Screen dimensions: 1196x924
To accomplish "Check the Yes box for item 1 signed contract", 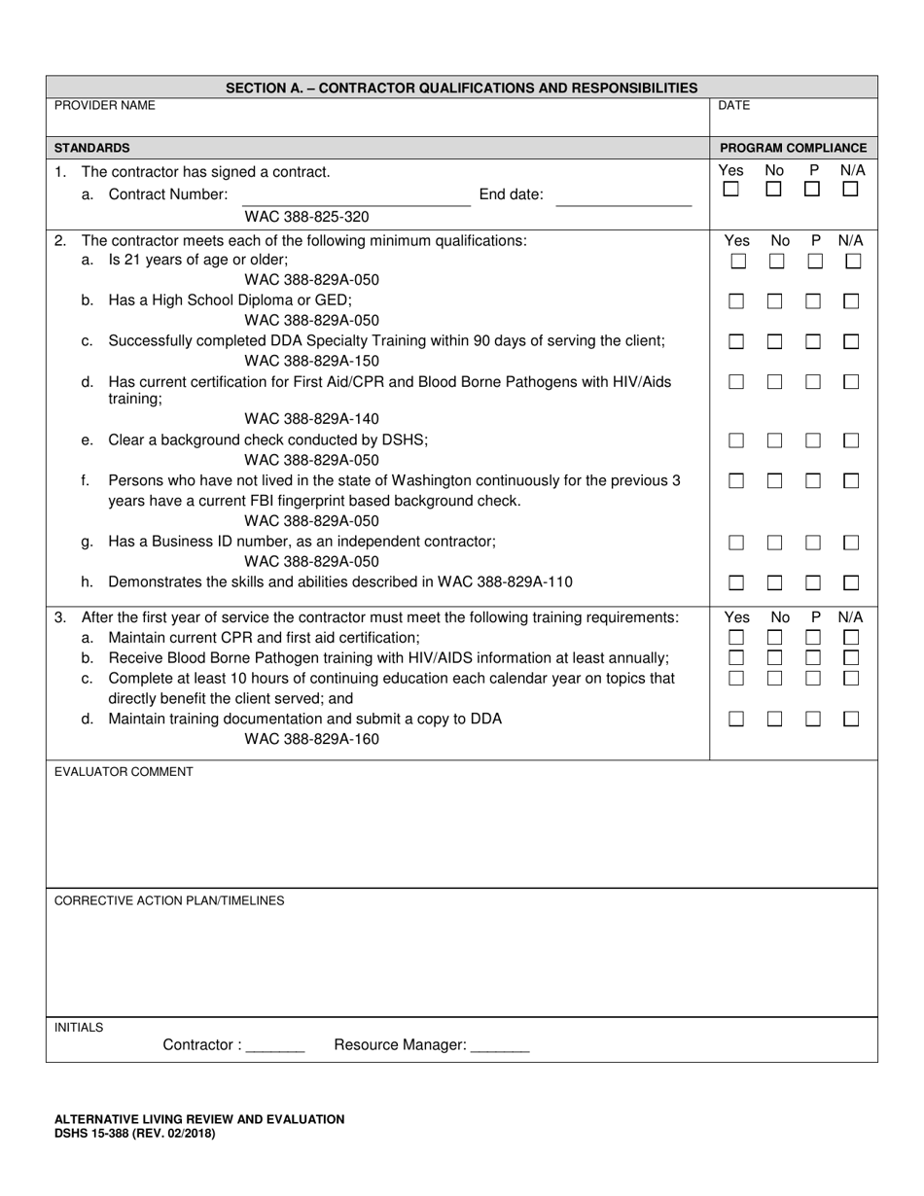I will [730, 190].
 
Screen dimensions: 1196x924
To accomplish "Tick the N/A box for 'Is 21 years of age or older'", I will [853, 262].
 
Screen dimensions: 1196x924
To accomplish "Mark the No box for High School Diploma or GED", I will [775, 301].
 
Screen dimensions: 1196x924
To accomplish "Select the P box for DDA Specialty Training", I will [813, 341].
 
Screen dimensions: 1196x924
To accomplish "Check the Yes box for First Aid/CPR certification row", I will [737, 382].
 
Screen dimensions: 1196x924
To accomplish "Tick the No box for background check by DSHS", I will [775, 440].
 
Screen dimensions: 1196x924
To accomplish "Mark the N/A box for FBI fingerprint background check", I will [852, 480].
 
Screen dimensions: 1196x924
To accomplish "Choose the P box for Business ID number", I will [813, 543].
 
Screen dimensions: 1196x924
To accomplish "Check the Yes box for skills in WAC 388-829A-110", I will [737, 582].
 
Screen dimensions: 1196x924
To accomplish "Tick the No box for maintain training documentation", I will [775, 719].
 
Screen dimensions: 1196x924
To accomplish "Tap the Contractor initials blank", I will [275, 1047].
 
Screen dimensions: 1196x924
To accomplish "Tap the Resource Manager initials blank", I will [499, 1047].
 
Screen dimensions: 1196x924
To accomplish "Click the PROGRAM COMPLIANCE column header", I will [793, 148].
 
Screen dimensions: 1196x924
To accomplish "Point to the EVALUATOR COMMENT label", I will [124, 772].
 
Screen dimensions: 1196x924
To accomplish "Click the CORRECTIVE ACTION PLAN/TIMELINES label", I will [169, 900].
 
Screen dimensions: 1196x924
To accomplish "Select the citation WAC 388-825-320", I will [306, 217].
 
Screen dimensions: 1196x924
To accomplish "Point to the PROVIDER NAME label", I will [104, 105].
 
